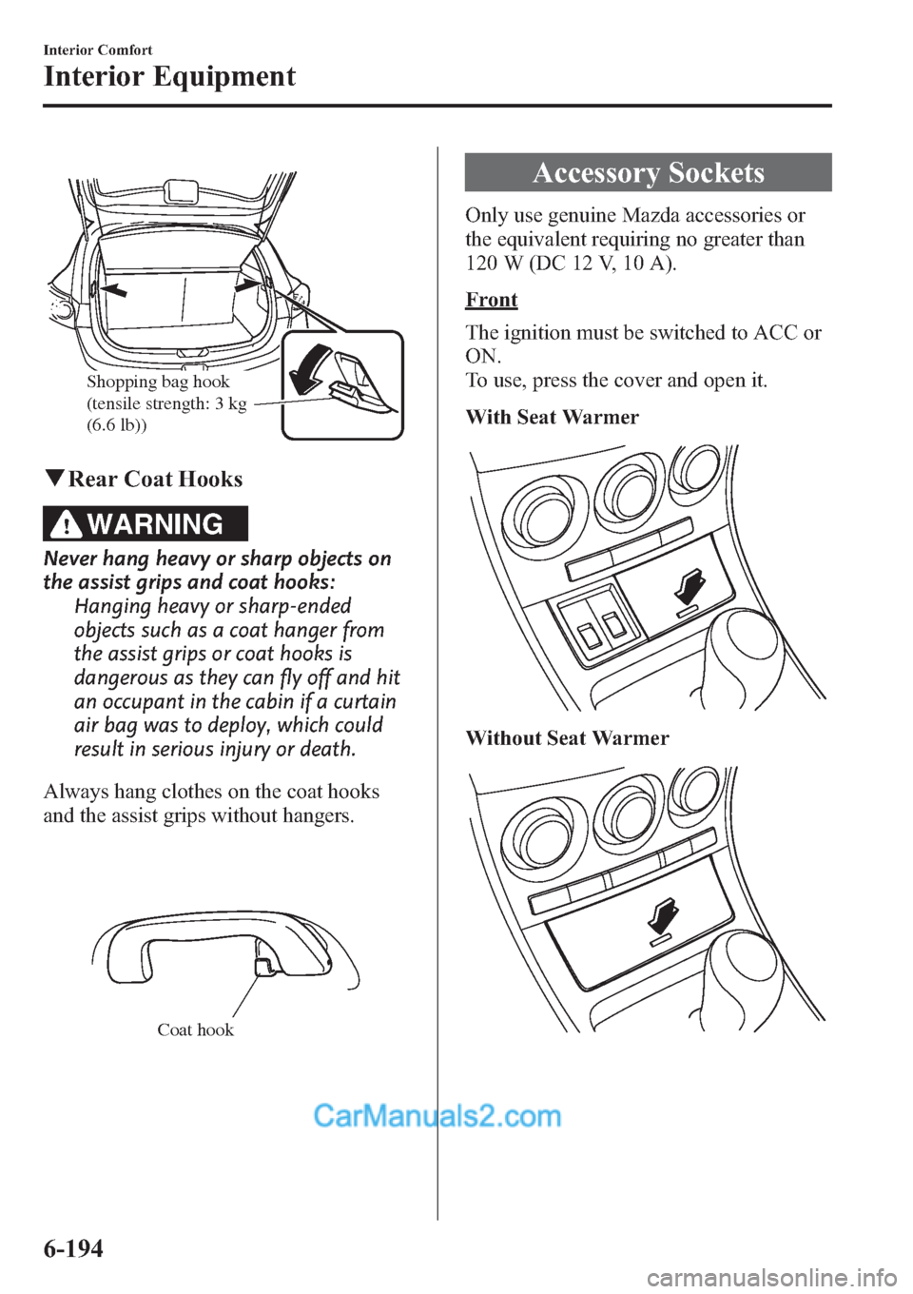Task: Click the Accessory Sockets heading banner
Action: click(x=648, y=172)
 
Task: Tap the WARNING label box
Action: click(x=146, y=524)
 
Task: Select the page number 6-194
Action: click(x=73, y=1247)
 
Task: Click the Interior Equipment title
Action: click(x=169, y=76)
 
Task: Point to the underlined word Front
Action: click(x=492, y=300)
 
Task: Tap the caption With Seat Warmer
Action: click(x=553, y=417)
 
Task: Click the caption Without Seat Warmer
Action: click(x=567, y=738)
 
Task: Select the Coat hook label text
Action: click(x=195, y=1029)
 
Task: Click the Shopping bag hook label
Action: click(x=159, y=382)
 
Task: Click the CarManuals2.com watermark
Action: click(x=437, y=1115)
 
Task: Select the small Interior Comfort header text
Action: click(x=98, y=49)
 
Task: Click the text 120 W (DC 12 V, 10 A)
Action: click(x=572, y=264)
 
